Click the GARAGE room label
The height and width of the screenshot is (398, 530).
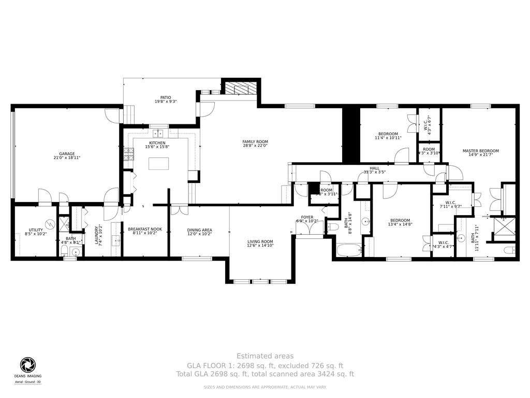(x=67, y=153)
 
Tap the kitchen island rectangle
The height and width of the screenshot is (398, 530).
(x=159, y=164)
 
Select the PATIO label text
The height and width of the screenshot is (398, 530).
(x=166, y=97)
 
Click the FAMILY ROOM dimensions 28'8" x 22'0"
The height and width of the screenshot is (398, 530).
(x=255, y=146)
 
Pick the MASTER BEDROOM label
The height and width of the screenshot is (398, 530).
(x=480, y=151)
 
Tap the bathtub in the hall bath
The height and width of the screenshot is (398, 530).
(x=348, y=250)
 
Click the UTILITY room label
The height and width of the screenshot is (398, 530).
(x=36, y=230)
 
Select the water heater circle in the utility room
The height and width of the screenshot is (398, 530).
(x=50, y=224)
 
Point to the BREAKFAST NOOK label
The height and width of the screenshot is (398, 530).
(x=145, y=229)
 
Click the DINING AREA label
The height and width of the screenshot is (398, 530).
(x=199, y=230)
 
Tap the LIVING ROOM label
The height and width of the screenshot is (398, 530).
(x=260, y=241)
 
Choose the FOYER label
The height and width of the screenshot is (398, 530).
(x=307, y=217)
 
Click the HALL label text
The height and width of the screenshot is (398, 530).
(x=375, y=168)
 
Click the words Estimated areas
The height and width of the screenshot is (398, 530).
(x=265, y=356)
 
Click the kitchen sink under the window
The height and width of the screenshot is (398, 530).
(x=159, y=132)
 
